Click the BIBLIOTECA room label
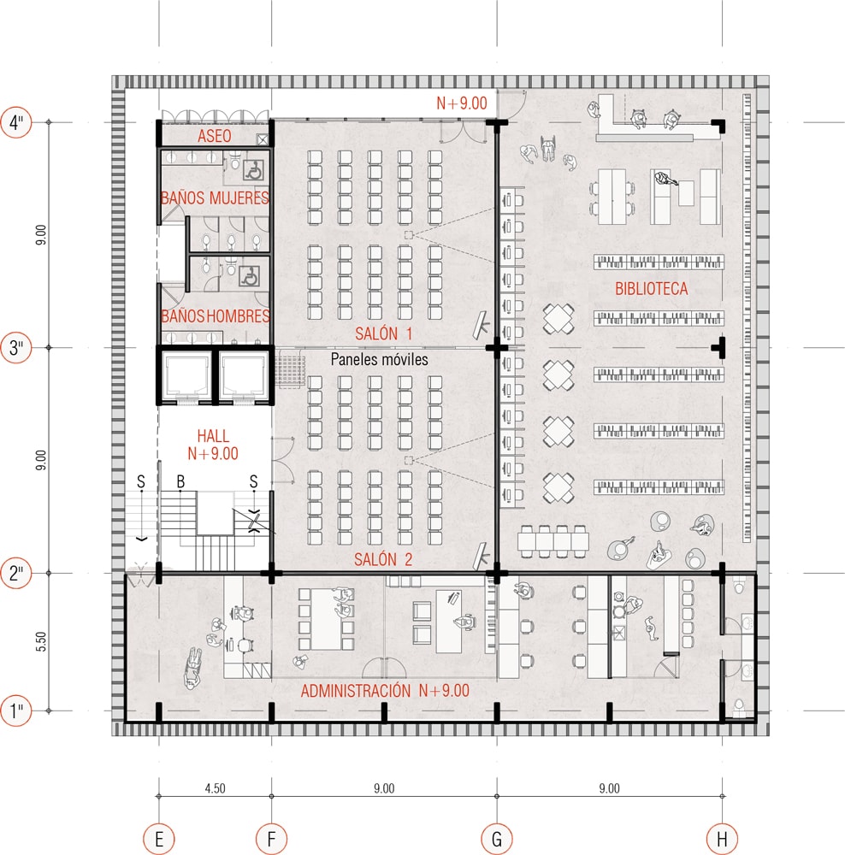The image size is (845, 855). click(652, 288)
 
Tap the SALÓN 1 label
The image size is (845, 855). click(383, 333)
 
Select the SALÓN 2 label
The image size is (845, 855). click(383, 559)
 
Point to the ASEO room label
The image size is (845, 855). click(215, 136)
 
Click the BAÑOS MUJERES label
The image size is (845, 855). click(215, 198)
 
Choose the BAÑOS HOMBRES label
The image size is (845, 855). click(216, 315)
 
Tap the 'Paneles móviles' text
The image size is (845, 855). click(379, 359)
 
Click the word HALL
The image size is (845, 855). click(213, 436)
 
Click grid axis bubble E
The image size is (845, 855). click(159, 839)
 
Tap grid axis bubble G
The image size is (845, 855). click(496, 839)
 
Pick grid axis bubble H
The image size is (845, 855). click(722, 839)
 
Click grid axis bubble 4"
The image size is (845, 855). click(16, 122)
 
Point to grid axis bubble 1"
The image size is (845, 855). click(16, 711)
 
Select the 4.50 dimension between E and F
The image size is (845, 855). click(215, 788)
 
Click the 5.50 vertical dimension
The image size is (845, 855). click(41, 642)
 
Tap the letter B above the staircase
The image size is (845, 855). click(180, 481)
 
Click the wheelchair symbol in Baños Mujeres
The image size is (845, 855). click(252, 170)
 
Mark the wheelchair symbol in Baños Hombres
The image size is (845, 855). click(249, 276)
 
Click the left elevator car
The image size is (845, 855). click(187, 375)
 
